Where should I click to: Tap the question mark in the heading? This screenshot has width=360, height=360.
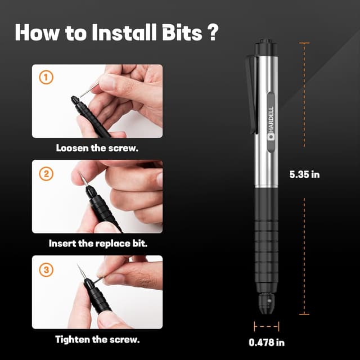click(212, 32)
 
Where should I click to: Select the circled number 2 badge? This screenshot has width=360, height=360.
click(46, 174)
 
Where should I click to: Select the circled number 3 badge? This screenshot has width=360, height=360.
click(46, 269)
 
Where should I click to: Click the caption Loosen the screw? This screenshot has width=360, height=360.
click(97, 148)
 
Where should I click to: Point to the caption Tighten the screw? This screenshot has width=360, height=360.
click(97, 339)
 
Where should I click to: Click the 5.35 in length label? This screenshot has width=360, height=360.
click(304, 174)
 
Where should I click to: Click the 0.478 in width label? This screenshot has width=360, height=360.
click(267, 341)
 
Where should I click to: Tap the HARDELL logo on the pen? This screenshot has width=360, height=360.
click(270, 121)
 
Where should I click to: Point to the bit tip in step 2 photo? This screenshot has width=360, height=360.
click(82, 179)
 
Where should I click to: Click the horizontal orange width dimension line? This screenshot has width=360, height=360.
click(267, 326)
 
